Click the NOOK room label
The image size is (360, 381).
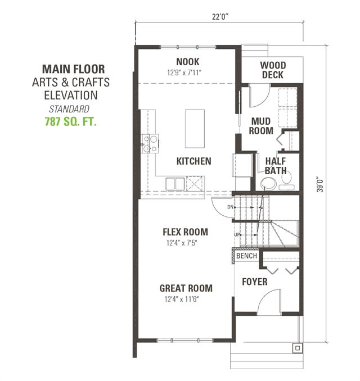coord(187,62)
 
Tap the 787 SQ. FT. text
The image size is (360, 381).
coord(70,121)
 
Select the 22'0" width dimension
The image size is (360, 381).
coord(220,17)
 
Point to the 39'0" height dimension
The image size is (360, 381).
coord(321,184)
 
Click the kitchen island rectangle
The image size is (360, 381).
coord(195,129)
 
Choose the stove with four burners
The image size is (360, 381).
coord(150,143)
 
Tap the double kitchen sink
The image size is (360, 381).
coord(175,183)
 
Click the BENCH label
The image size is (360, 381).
coord(246,256)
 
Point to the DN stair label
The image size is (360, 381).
coord(230,207)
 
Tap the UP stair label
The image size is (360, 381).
coord(237,235)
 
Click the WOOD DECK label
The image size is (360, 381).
coord(273,70)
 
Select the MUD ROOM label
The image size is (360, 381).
coord(261,126)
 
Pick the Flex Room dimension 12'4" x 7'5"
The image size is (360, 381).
coord(182,243)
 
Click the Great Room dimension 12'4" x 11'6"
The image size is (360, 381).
coord(182,299)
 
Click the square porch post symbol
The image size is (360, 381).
coord(298,348)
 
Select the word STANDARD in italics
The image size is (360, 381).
coord(69,109)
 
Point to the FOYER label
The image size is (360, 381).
coord(255,282)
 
